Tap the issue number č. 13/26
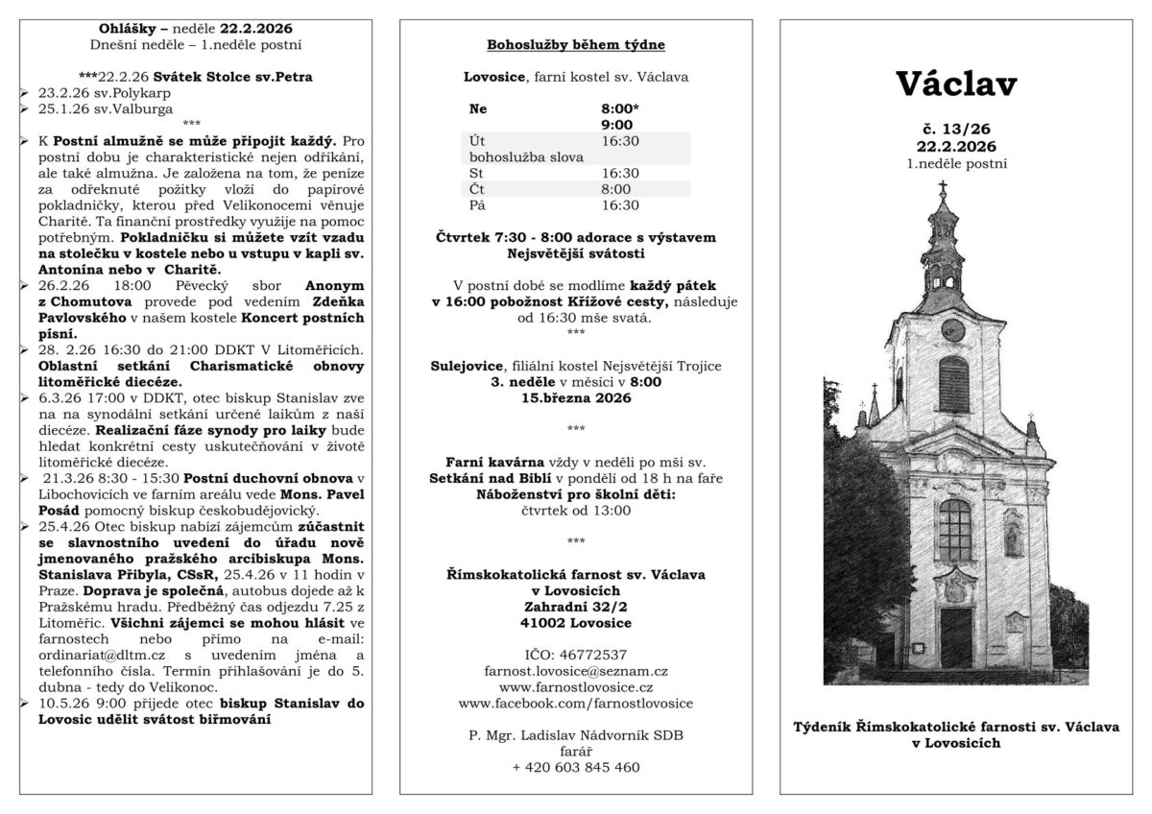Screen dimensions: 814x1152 pos(956,130)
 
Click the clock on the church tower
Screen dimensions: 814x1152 pos(953,324)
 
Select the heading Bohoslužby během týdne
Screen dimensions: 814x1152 pos(575,45)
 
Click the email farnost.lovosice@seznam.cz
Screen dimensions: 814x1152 pos(576,671)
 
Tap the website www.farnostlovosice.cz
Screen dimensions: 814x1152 pos(576,687)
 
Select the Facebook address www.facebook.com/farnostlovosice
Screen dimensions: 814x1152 pos(576,704)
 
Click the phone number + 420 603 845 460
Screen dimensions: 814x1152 pos(576,767)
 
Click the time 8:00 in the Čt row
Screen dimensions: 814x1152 pos(615,189)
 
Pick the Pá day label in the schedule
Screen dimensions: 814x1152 pos(477,204)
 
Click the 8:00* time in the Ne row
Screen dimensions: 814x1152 pos(618,108)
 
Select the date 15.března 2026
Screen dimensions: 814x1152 pos(576,397)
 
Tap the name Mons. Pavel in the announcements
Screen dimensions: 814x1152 pos(319,494)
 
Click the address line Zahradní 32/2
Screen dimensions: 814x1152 pos(576,607)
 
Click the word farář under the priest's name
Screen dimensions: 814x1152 pos(576,752)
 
